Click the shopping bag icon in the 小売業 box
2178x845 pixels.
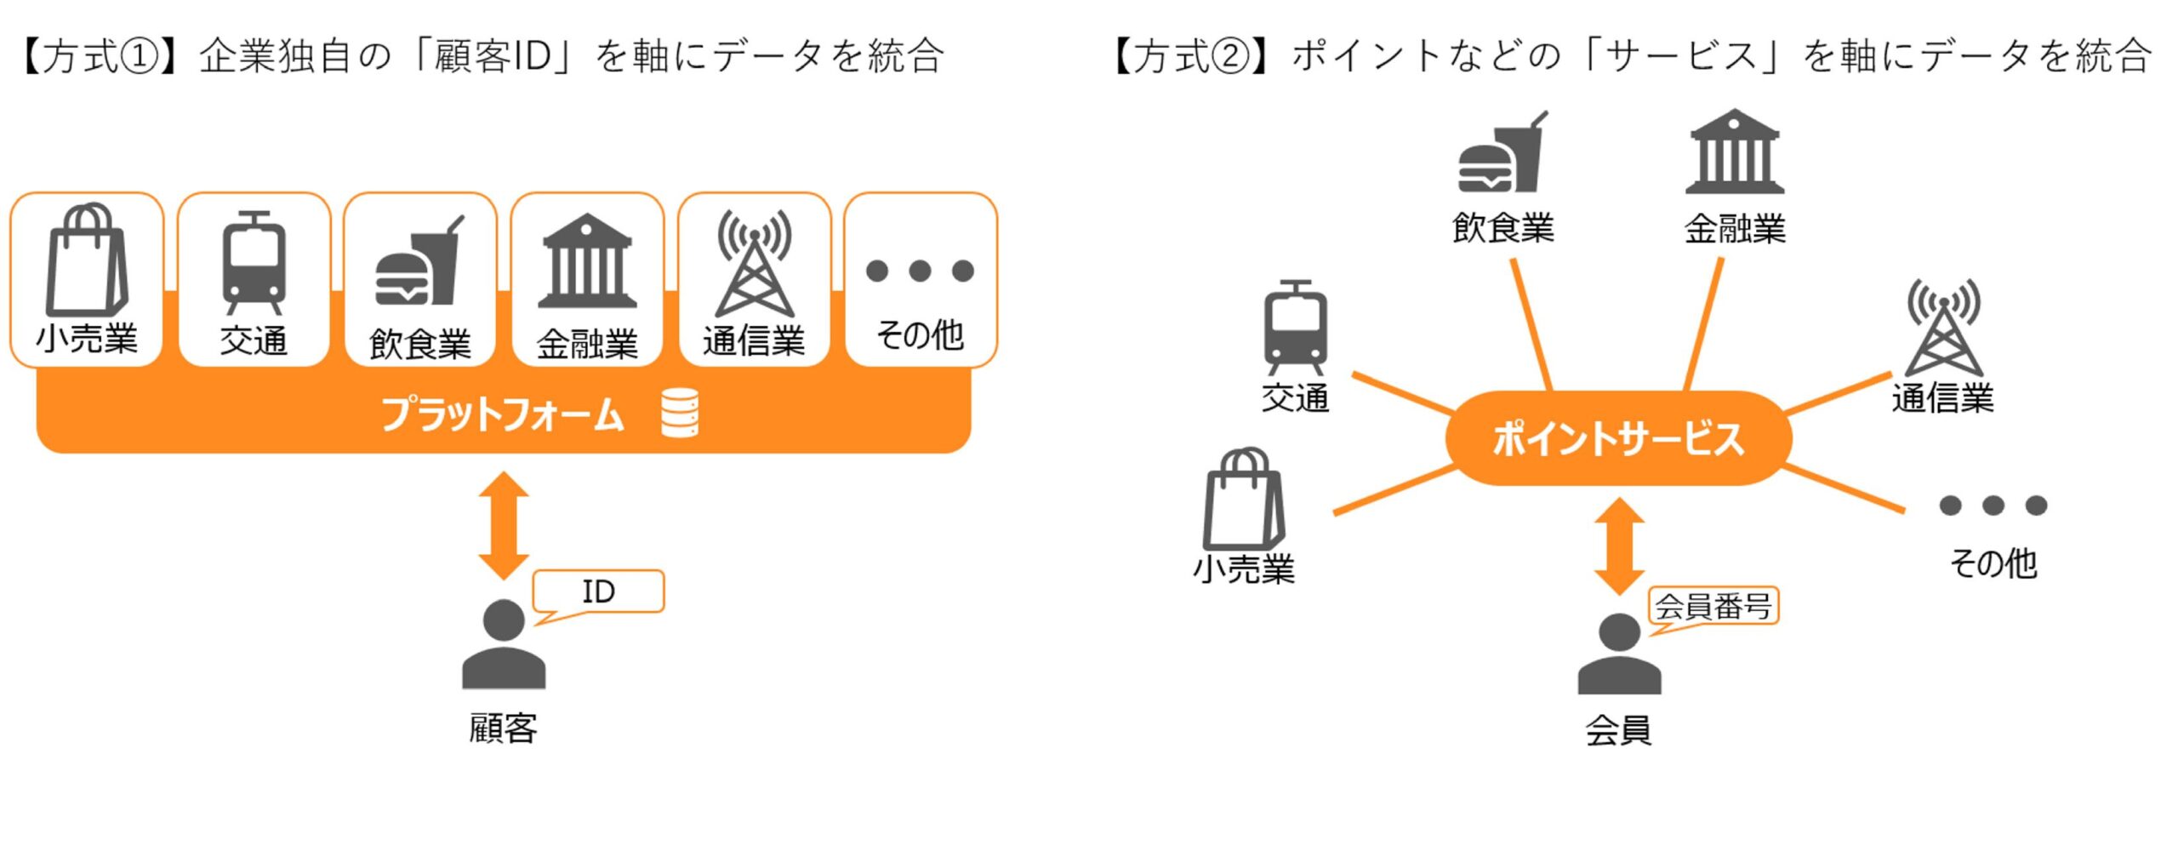[x=87, y=260]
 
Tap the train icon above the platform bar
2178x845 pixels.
[x=254, y=262]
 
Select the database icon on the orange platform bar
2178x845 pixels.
[x=680, y=413]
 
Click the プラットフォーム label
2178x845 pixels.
[x=503, y=414]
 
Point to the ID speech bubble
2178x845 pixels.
[x=598, y=591]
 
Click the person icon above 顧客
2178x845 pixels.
[x=504, y=644]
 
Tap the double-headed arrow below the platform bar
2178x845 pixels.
[x=504, y=525]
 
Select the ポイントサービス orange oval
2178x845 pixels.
[x=1618, y=438]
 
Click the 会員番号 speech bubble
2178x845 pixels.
[x=1713, y=607]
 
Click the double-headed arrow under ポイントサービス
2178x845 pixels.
[x=1619, y=545]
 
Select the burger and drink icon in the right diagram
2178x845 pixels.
[x=1502, y=153]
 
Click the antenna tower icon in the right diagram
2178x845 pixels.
[x=1943, y=328]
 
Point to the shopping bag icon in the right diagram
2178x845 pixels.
[x=1244, y=500]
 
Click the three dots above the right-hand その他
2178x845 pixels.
[x=1993, y=505]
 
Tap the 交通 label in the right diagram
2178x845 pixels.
[x=1295, y=397]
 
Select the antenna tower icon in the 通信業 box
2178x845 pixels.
[x=755, y=264]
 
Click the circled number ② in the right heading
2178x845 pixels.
[x=1229, y=57]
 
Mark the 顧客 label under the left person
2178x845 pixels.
[x=504, y=728]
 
